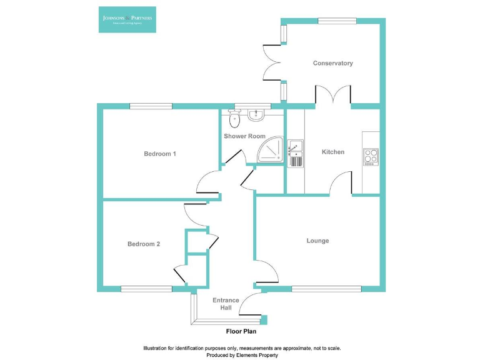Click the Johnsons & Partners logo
[127, 19]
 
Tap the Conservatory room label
[332, 63]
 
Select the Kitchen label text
[332, 152]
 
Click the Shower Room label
[244, 136]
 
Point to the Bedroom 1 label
[159, 154]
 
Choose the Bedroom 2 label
[144, 244]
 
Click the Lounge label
[317, 241]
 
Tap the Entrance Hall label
[226, 304]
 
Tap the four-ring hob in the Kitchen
[371, 156]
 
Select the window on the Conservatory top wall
[337, 21]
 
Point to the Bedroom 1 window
[151, 106]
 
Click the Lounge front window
[326, 289]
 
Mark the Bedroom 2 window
[146, 289]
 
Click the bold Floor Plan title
[241, 331]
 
